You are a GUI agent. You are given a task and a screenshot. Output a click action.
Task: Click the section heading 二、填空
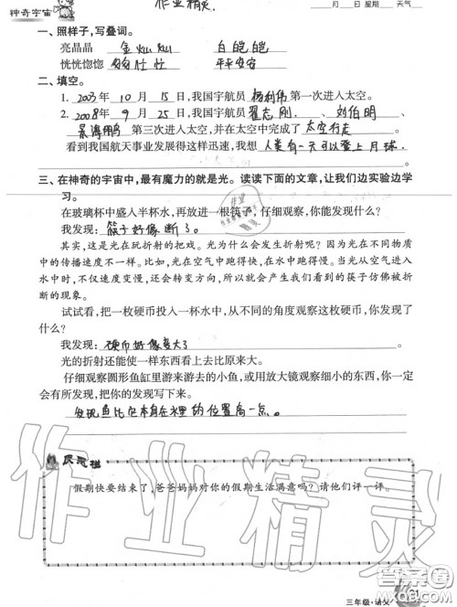(52, 80)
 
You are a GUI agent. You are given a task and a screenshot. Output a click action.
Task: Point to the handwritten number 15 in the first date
(164, 98)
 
